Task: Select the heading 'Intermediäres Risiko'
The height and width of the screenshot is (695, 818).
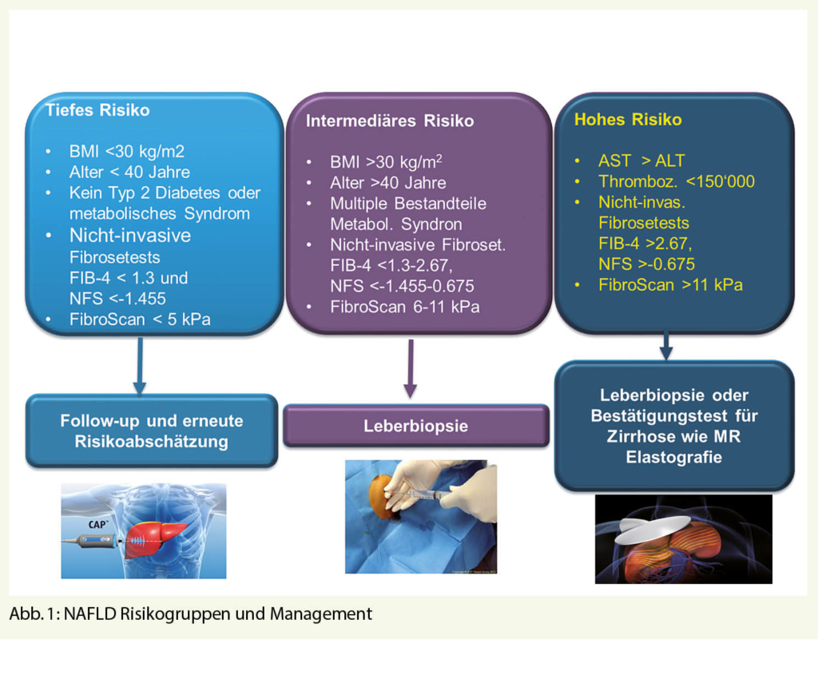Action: [x=390, y=121]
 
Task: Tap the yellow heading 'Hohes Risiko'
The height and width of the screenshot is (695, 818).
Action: [x=628, y=121]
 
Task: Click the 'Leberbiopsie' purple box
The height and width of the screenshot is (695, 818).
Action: [x=415, y=426]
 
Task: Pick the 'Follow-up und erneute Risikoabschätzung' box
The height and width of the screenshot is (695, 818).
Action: [x=152, y=431]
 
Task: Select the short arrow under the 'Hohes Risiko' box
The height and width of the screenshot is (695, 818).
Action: [x=665, y=345]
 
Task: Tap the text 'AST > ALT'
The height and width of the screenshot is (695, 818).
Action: [x=641, y=161]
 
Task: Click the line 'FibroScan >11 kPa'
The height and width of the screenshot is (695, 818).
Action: [x=670, y=284]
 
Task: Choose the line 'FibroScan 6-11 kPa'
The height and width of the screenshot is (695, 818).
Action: [x=405, y=307]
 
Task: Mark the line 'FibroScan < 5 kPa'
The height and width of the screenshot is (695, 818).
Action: [x=141, y=320]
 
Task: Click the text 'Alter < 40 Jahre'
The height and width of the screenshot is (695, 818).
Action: [x=129, y=172]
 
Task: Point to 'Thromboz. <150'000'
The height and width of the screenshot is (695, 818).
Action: [x=677, y=182]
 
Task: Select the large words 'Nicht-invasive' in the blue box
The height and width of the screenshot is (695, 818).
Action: [x=130, y=236]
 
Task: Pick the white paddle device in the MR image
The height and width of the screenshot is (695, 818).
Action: [x=646, y=528]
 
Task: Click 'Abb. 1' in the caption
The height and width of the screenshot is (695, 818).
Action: [x=30, y=614]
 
